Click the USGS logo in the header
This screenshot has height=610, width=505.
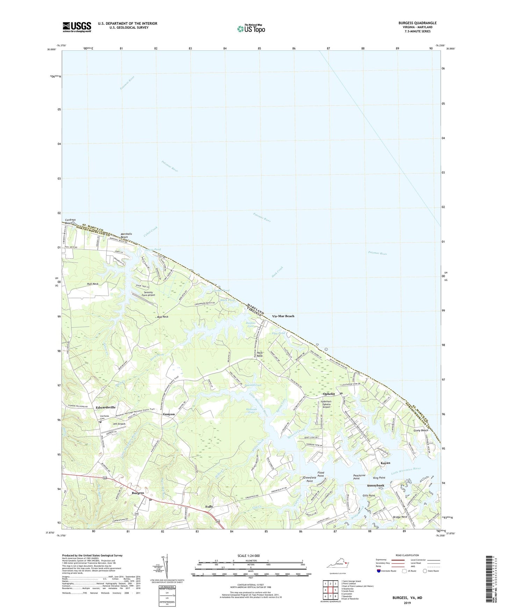pos(77,27)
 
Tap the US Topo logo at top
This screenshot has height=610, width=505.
pos(251,29)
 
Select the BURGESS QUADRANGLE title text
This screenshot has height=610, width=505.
pos(417,23)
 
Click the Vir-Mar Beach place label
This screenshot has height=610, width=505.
pos(283,316)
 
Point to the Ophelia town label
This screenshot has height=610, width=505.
pos(329,394)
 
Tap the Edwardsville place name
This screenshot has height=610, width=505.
pos(106,407)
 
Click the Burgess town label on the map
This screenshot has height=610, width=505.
pos(138,494)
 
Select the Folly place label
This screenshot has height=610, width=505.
pos(209,507)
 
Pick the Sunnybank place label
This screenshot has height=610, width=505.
pos(376,486)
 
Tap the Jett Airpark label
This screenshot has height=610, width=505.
pos(119,424)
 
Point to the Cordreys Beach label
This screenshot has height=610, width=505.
pos(69,222)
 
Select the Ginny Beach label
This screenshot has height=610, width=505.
pos(421,430)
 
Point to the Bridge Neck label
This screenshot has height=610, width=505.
pos(400,517)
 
